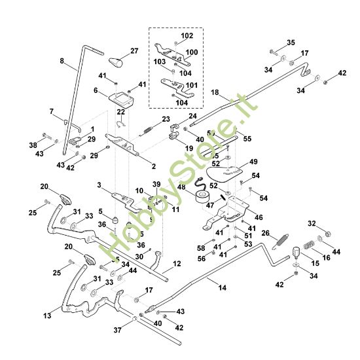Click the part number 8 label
(62, 62)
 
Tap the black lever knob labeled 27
(117, 63)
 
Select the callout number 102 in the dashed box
(187, 35)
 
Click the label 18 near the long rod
(215, 94)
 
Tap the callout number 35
(291, 43)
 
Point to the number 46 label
(259, 217)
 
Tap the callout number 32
(312, 223)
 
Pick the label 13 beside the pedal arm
(47, 315)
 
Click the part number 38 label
(33, 144)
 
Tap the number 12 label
(177, 264)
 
